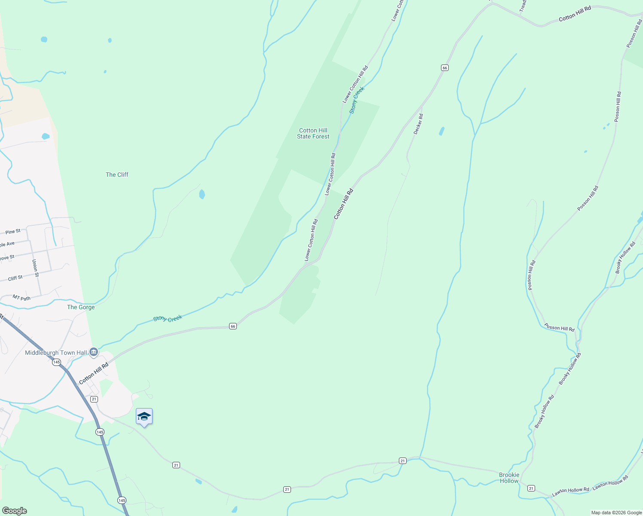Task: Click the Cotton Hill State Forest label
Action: pos(313,133)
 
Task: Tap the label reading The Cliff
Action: pos(117,175)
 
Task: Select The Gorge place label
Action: pos(81,307)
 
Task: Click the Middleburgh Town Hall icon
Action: pos(94,353)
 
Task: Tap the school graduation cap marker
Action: pos(144,417)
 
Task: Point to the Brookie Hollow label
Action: pos(509,478)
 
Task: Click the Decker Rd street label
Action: pos(418,124)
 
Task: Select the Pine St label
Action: pos(13,232)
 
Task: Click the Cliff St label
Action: pos(15,278)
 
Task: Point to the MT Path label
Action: pos(21,298)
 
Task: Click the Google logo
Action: pos(14,511)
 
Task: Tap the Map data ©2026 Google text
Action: pos(616,513)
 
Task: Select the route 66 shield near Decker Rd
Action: pos(444,68)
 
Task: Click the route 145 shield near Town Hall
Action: pos(56,362)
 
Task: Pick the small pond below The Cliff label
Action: pos(202,194)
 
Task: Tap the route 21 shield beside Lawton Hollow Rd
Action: pos(531,488)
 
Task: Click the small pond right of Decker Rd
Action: pos(441,131)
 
